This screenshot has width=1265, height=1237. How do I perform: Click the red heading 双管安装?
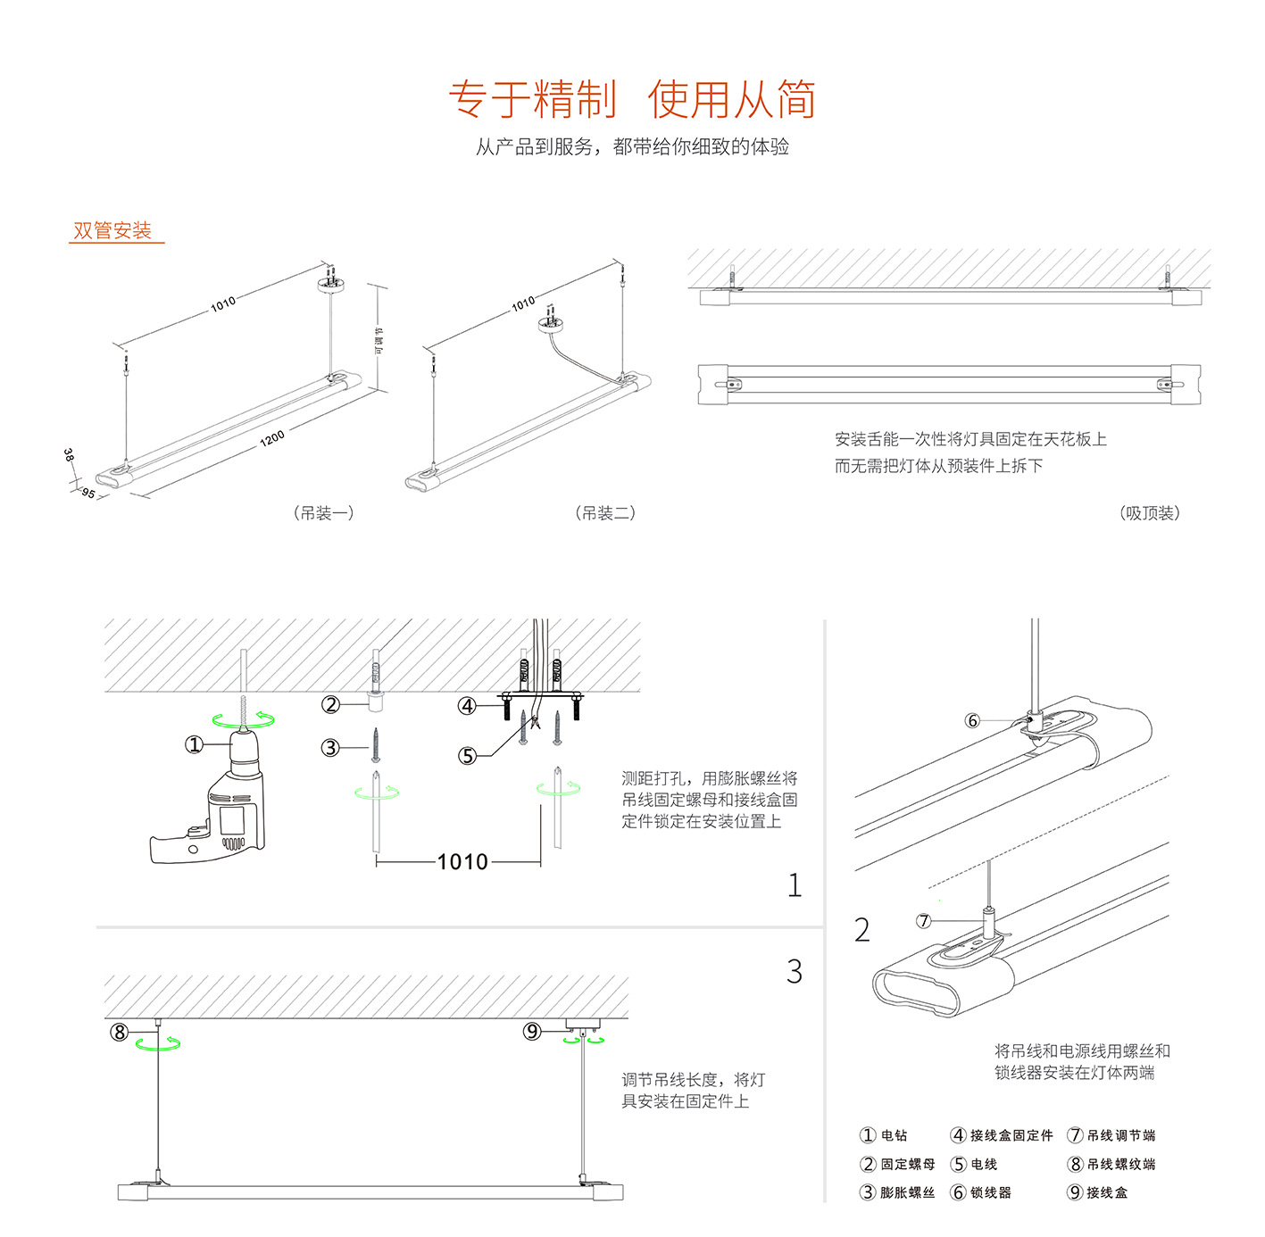(x=112, y=230)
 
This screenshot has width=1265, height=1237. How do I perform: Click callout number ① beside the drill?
(x=194, y=744)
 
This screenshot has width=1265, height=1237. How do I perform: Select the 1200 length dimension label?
(x=272, y=437)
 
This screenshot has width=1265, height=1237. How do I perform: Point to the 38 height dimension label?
(x=69, y=455)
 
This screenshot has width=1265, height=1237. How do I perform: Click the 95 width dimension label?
(x=87, y=493)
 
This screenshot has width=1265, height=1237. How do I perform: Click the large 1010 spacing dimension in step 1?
(x=462, y=861)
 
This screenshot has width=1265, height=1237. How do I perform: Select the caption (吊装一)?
(x=323, y=513)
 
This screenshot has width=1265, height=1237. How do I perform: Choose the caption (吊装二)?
(x=605, y=513)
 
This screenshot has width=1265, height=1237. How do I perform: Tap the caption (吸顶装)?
(x=1149, y=513)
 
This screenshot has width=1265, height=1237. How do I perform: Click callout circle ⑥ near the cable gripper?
(x=972, y=720)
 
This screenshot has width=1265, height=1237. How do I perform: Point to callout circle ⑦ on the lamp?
(x=924, y=920)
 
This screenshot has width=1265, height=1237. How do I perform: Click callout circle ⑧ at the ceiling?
(x=120, y=1033)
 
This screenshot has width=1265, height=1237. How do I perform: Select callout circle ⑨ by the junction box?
(x=532, y=1032)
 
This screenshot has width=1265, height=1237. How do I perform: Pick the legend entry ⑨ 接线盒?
(x=1098, y=1192)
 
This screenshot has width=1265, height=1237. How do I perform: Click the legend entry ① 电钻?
(x=884, y=1135)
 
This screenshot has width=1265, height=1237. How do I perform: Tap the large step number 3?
(x=794, y=971)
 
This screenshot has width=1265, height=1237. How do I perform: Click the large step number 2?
(x=861, y=930)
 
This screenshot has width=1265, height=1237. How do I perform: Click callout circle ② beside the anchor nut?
(x=331, y=704)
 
